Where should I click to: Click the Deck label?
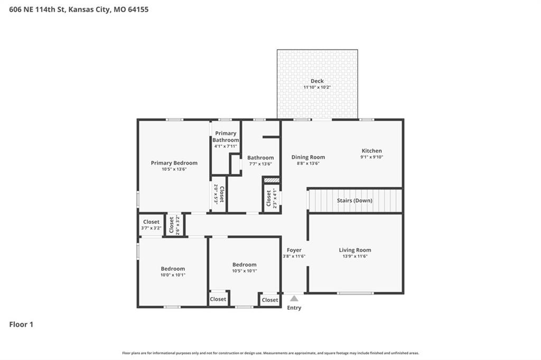pos(317,81)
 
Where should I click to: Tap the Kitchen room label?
pos(371,150)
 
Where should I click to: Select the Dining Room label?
pos(308,157)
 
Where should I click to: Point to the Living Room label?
pos(355,250)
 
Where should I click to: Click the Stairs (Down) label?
pos(355,201)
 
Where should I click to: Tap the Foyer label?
pos(294,250)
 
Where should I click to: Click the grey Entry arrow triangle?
pos(294,298)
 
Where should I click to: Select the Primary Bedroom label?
pos(174,163)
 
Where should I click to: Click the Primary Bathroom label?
pos(226,137)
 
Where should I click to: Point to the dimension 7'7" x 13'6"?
pos(260,164)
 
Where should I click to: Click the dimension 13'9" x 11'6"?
pos(355,256)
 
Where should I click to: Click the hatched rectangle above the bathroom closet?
pos(272,180)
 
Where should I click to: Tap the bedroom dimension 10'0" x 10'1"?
pos(173,275)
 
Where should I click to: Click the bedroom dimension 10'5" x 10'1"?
pos(244,271)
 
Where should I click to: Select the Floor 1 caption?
pos(21,325)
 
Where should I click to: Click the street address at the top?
pos(79,10)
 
